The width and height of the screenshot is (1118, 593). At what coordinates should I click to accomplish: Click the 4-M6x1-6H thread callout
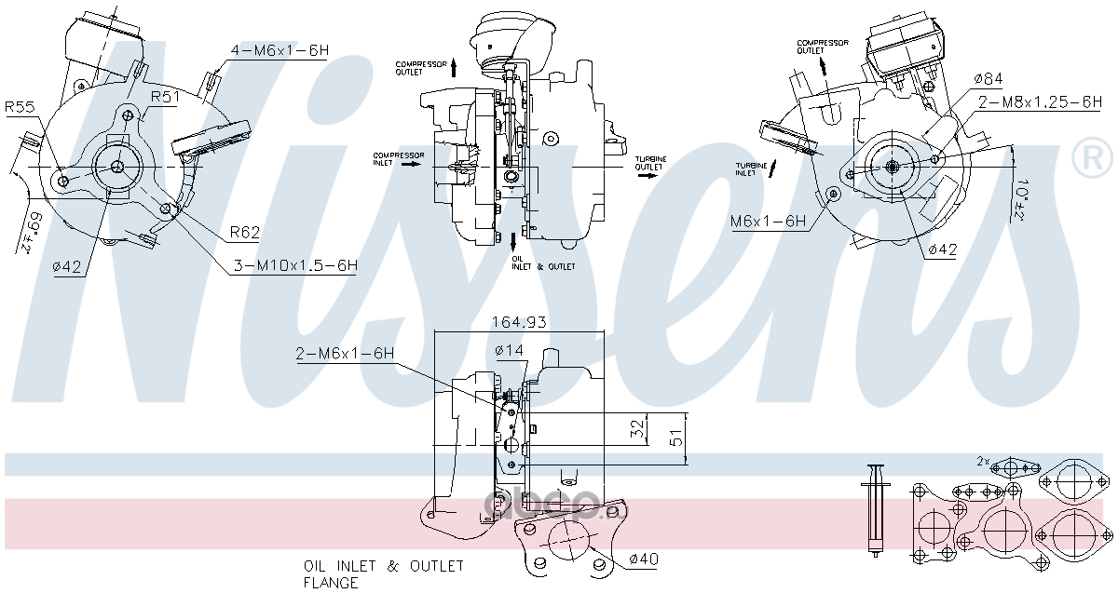[279, 50]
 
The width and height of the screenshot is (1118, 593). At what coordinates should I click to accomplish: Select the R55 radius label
[20, 108]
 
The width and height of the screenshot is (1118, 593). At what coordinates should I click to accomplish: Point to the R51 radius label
[165, 97]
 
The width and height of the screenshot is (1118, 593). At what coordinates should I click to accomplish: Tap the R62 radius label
[244, 232]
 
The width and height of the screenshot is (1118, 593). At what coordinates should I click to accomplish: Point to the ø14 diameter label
[511, 350]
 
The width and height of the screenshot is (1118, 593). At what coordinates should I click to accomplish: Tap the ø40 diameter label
[644, 559]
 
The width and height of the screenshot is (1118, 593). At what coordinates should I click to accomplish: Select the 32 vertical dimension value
[637, 429]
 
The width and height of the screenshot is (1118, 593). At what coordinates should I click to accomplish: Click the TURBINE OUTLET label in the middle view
[651, 163]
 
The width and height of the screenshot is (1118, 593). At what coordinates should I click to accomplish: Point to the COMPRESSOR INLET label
[399, 159]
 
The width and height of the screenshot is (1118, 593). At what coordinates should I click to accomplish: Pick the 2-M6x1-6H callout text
[345, 354]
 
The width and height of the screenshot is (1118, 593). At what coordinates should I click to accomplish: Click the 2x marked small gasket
[1016, 467]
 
